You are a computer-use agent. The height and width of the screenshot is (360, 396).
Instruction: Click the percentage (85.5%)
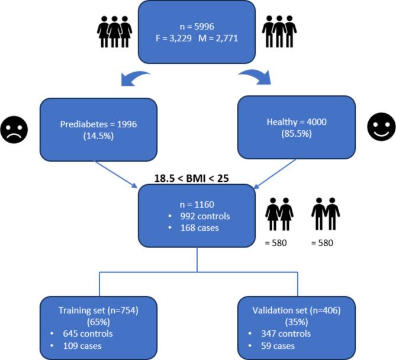[x=296, y=136]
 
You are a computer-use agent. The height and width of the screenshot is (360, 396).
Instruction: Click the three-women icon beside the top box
[x=114, y=33]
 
